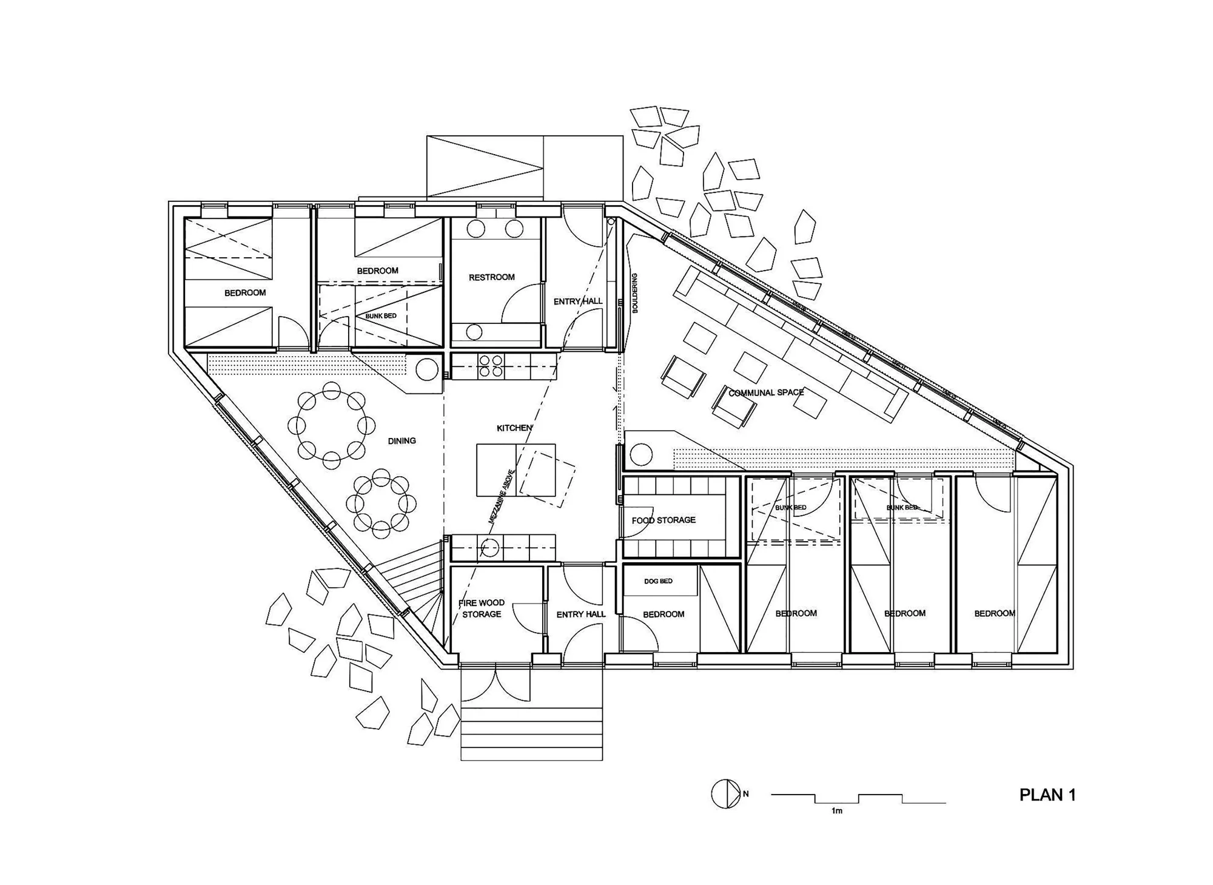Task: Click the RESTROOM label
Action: click(x=491, y=277)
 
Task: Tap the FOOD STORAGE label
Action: click(x=664, y=520)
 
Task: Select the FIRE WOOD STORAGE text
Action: click(x=482, y=608)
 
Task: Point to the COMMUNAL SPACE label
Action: click(x=766, y=392)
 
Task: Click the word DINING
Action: click(x=402, y=441)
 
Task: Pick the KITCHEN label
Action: click(x=514, y=428)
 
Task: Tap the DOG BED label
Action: click(x=658, y=581)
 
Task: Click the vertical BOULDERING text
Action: click(x=635, y=293)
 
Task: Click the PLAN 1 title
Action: click(x=1047, y=795)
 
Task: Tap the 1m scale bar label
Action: click(x=837, y=811)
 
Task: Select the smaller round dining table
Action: click(x=381, y=503)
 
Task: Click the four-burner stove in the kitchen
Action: click(x=491, y=366)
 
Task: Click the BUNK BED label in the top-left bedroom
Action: click(x=381, y=316)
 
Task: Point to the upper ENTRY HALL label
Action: click(x=578, y=301)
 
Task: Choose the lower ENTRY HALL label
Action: click(x=581, y=614)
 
